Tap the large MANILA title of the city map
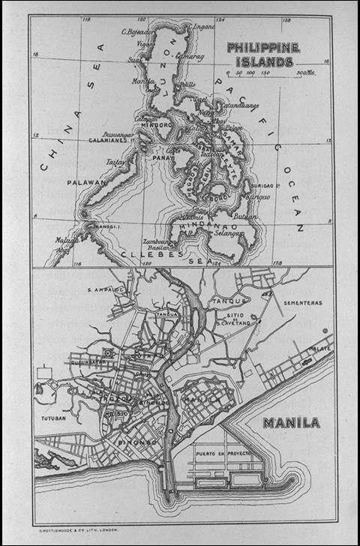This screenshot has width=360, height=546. click(x=291, y=423)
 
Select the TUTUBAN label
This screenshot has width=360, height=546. click(x=54, y=418)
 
